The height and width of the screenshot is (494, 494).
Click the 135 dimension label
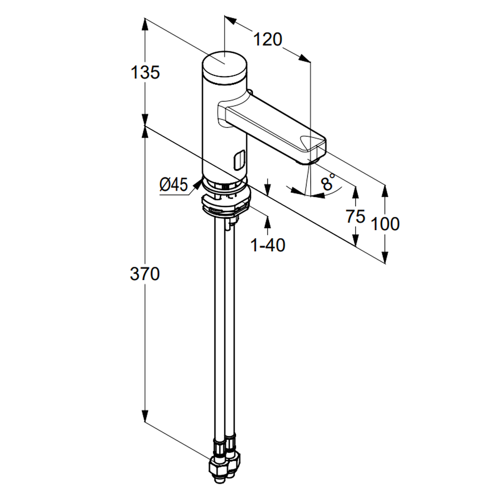coord(145,73)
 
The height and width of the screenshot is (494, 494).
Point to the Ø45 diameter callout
coord(173,185)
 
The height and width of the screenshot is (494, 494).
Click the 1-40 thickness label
coord(268,245)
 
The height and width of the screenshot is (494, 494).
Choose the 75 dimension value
coord(355,216)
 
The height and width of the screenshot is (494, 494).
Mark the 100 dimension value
coord(385,224)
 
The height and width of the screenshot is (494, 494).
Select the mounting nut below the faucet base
coord(226,205)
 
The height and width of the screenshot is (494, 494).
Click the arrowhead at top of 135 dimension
coord(145,22)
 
